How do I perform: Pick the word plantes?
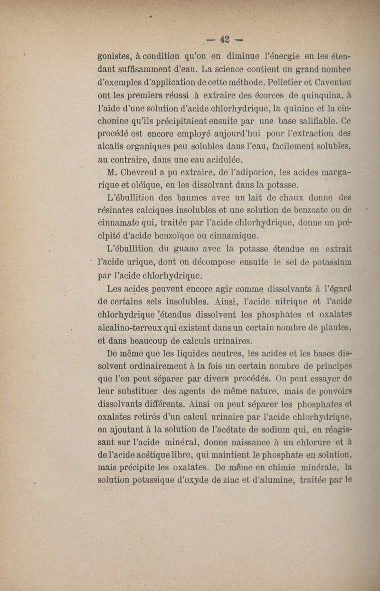pos(334,327)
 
